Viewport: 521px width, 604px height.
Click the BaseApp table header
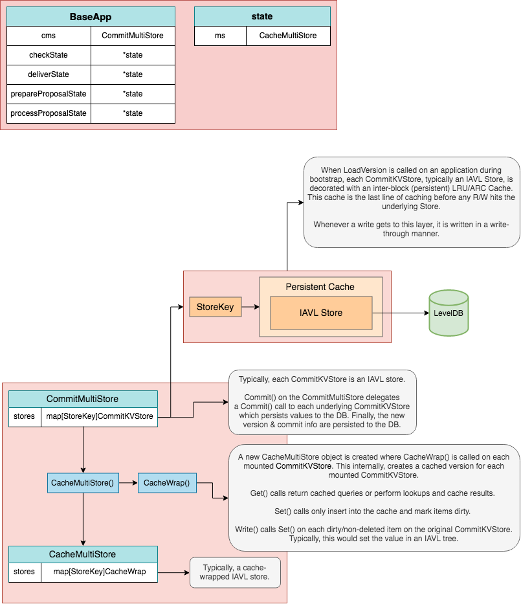pos(91,16)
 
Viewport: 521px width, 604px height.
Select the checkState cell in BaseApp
pos(49,55)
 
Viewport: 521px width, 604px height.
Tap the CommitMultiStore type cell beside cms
pos(133,36)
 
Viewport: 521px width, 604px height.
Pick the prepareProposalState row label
pos(49,94)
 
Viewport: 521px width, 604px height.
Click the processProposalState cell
pos(49,113)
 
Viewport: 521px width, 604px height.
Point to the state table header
pos(262,16)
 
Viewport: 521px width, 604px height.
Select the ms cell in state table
pos(220,36)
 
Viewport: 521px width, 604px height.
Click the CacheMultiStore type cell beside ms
pos(288,36)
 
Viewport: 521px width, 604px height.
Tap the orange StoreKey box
pos(215,307)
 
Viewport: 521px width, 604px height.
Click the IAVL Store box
pos(321,313)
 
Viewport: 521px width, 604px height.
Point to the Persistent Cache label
pos(320,287)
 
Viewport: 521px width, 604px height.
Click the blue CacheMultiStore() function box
pos(83,483)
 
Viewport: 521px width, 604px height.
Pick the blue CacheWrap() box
pos(166,483)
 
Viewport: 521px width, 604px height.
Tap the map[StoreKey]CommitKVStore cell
pos(99,416)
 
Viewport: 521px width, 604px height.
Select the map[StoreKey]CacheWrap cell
pos(99,572)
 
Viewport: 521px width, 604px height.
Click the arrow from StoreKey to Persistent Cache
pos(250,308)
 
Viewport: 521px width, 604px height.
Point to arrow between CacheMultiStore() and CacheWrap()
pos(128,483)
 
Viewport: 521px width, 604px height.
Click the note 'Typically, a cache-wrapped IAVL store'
pos(235,572)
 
